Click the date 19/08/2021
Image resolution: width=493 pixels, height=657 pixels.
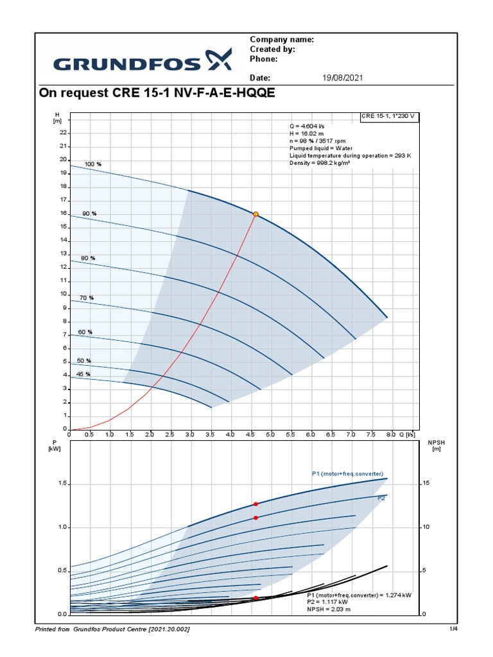(342, 78)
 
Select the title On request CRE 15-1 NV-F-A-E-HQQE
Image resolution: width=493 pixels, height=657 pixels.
(157, 94)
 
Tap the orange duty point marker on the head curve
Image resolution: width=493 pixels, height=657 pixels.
(255, 214)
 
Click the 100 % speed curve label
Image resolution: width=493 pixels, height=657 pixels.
(93, 164)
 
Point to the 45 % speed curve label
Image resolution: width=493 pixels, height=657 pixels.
(83, 374)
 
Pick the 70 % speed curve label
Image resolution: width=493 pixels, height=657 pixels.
(87, 298)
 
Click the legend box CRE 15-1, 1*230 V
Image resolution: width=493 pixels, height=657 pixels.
(388, 116)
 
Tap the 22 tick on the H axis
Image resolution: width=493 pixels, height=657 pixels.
(63, 133)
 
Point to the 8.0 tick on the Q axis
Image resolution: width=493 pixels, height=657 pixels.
(392, 434)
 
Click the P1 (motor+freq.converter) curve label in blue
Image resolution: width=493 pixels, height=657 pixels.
(347, 474)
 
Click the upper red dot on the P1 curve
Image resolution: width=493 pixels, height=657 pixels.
(255, 504)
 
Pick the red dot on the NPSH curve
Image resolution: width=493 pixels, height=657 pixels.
(255, 598)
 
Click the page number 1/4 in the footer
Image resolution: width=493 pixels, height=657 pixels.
(453, 629)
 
